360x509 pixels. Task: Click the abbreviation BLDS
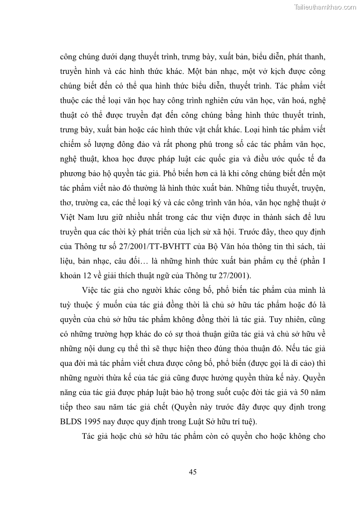pos(71,421)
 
